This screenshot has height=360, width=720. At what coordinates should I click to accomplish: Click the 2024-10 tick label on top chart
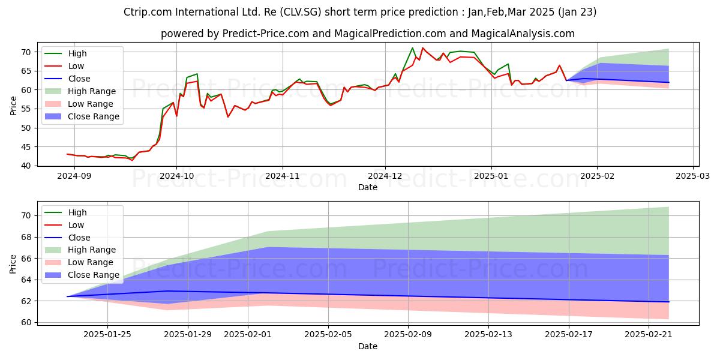(176, 176)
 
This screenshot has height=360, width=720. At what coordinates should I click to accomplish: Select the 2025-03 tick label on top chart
(693, 176)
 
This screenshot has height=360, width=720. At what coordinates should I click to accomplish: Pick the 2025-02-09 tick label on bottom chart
(408, 333)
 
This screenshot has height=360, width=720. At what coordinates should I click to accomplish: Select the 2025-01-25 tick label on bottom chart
(107, 333)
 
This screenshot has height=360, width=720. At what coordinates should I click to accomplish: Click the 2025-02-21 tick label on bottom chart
(649, 333)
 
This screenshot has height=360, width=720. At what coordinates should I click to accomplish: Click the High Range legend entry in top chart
(92, 91)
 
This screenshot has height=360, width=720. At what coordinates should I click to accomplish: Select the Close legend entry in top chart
(79, 79)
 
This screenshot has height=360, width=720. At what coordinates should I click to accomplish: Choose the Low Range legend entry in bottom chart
(91, 262)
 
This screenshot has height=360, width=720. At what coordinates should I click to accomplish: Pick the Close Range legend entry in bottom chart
(93, 275)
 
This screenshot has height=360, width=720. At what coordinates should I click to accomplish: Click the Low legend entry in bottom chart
(76, 224)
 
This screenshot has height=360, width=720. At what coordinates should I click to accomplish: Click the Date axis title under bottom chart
(368, 346)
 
